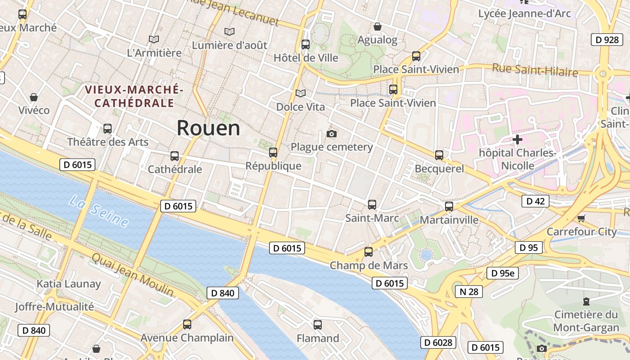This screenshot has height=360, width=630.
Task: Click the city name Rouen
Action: click(208, 128)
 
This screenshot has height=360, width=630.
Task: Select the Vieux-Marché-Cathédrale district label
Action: click(134, 96)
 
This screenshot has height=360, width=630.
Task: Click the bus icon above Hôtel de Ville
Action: click(306, 45)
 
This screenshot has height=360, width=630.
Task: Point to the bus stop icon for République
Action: click(273, 153)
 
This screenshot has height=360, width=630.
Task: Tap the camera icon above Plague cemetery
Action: click(332, 134)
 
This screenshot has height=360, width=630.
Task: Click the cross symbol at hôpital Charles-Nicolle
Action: click(517, 139)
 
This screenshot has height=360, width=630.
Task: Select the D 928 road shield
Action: click(607, 40)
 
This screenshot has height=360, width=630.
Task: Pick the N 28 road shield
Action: click(468, 292)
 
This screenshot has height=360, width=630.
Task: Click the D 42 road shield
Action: click(535, 201)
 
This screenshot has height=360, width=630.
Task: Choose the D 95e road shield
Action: click(503, 273)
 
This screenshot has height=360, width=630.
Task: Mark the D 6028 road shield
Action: click(438, 342)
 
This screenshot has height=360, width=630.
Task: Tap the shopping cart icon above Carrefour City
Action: click(581, 218)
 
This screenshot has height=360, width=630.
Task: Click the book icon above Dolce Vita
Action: click(301, 93)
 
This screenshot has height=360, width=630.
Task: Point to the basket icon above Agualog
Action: click(378, 27)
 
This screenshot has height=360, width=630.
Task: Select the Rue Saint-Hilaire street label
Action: click(535, 70)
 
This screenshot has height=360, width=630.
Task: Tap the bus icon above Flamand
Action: click(318, 324)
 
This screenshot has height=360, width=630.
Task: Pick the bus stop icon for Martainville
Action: click(449, 207)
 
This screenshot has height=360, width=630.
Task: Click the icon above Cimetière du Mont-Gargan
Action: click(586, 301)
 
